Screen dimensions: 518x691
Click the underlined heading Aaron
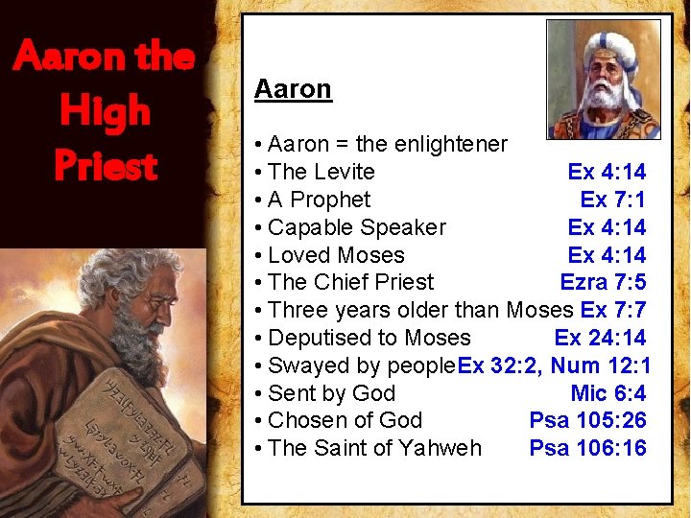(293, 89)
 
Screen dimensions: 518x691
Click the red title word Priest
(106, 166)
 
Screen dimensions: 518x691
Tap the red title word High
(105, 111)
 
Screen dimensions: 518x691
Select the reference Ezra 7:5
(603, 282)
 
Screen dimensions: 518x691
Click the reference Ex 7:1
(612, 200)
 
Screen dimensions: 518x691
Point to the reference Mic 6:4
(608, 393)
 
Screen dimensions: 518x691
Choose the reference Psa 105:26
(587, 420)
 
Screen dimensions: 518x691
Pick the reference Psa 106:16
(587, 448)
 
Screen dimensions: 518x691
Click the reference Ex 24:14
(600, 338)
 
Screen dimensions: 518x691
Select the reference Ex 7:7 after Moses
(613, 310)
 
